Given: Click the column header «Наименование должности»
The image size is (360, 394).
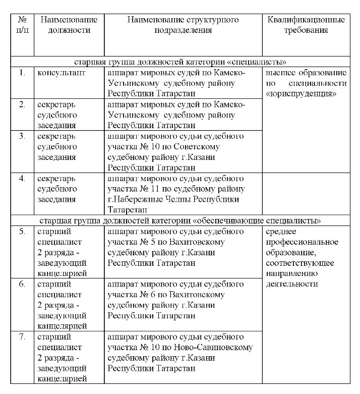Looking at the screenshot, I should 69,25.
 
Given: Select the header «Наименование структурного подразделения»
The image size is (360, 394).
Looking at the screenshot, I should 183,25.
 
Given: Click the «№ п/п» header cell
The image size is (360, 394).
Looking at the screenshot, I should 22,25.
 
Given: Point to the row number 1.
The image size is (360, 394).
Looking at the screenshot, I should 22,73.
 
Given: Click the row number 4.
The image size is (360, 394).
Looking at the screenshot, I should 22,179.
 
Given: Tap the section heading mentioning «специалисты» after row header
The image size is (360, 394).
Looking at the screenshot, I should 180,63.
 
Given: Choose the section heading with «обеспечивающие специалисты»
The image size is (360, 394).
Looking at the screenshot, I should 180,221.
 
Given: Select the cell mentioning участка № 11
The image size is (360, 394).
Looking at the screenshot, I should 183,194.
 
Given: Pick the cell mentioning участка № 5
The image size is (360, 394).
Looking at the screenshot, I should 183,247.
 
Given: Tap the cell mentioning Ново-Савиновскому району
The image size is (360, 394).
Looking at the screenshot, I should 183,353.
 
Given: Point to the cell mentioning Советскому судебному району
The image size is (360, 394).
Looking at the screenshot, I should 183,151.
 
